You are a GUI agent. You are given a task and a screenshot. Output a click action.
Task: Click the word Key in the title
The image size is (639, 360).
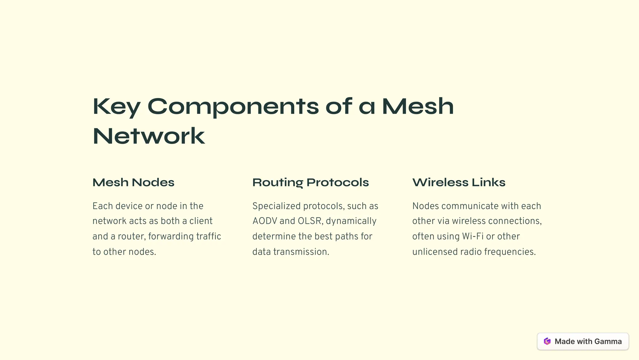116,107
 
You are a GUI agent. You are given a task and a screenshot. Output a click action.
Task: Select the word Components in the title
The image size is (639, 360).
233,107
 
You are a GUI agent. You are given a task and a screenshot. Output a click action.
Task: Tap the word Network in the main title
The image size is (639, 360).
149,136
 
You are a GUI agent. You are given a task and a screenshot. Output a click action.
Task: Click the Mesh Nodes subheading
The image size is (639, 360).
133,182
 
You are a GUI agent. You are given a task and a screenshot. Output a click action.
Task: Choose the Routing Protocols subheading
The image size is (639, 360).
310,182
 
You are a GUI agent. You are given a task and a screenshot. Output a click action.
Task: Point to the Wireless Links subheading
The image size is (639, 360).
459,182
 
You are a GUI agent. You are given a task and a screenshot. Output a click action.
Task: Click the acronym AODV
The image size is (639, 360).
265,221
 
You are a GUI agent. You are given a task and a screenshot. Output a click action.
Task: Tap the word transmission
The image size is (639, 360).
301,252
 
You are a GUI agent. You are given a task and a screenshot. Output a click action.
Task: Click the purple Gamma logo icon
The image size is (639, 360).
547,341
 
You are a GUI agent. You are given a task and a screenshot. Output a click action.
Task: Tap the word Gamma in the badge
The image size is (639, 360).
608,341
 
